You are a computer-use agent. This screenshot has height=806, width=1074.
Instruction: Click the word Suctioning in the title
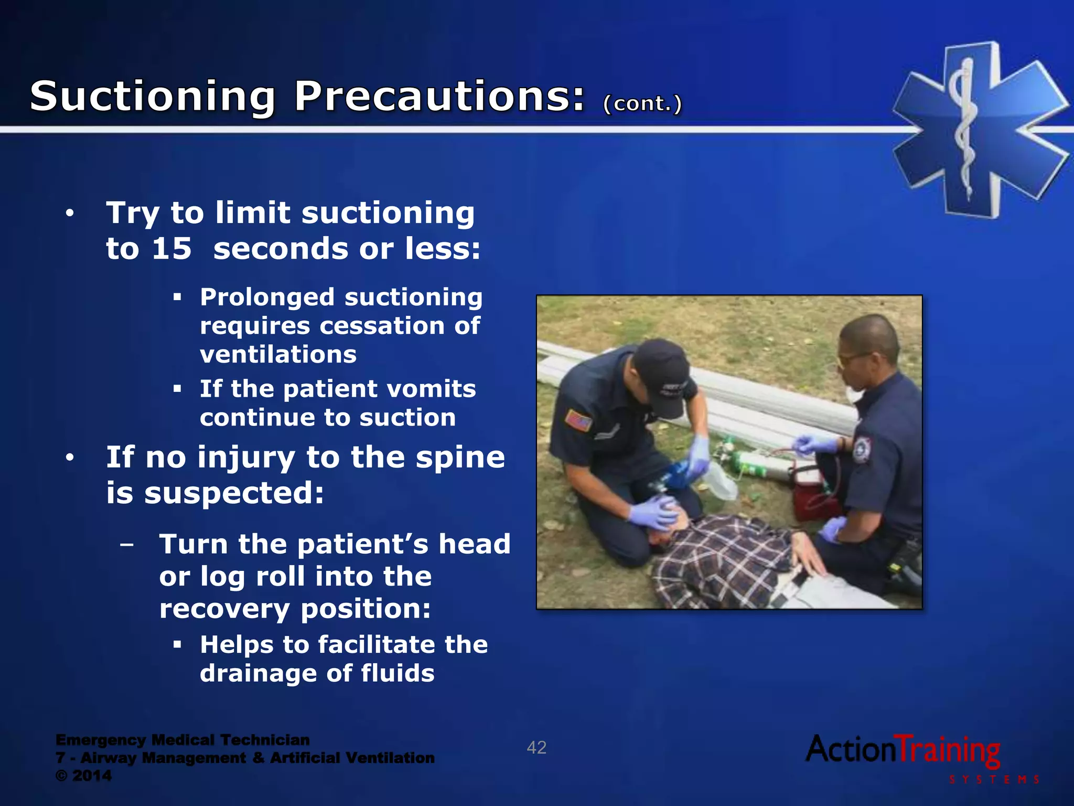pos(152,97)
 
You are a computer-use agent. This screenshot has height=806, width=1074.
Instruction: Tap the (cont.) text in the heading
pos(642,103)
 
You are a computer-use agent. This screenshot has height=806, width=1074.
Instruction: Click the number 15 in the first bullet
pos(171,249)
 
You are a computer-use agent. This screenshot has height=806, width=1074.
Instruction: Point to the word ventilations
pos(278,355)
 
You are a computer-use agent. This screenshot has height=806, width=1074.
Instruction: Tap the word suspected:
pos(234,493)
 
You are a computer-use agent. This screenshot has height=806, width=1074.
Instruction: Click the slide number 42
pos(536,747)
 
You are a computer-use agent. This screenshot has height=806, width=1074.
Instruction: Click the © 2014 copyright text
pos(84,776)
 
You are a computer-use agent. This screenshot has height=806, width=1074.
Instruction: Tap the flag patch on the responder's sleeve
pos(578,420)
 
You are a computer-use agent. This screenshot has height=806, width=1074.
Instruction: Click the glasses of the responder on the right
pos(852,359)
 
